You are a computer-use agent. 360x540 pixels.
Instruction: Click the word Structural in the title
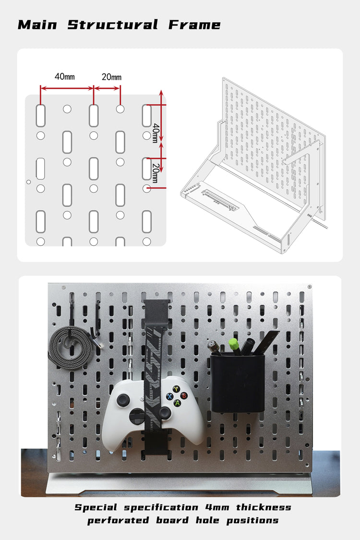pos(113,25)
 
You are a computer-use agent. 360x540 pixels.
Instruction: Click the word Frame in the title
pos(194,25)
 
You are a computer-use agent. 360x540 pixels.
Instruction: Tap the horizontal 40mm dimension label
pos(64,77)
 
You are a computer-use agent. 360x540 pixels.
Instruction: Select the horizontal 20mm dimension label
pos(111,77)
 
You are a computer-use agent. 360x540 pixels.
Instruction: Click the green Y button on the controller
pos(176,389)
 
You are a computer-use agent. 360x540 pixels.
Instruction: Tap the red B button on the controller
pos(183,396)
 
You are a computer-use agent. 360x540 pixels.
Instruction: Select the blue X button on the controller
pos(169,396)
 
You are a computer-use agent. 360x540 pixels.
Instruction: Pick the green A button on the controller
pos(177,403)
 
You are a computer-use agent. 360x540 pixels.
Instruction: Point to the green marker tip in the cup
pos(233,344)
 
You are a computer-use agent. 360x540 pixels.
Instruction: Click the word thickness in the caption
pos(263,507)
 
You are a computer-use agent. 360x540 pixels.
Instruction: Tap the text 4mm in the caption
pos(216,507)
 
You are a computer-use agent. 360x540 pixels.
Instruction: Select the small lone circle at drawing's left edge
pos(29,182)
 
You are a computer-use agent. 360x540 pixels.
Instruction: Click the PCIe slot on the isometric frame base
pos(219,200)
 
